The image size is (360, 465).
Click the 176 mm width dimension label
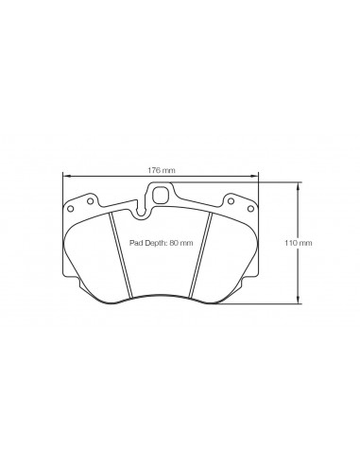pyautogui.click(x=162, y=170)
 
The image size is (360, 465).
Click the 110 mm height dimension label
pyautogui.click(x=299, y=243)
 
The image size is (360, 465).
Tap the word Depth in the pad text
pyautogui.click(x=155, y=243)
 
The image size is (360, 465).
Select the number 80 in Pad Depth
pyautogui.click(x=174, y=243)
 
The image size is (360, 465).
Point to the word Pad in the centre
pyautogui.click(x=135, y=243)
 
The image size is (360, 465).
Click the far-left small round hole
pyautogui.click(x=71, y=209)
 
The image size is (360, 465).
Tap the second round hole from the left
pyautogui.click(x=90, y=201)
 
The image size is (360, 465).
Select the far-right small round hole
pyautogui.click(x=250, y=209)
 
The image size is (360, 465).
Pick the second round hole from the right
pyautogui.click(x=231, y=201)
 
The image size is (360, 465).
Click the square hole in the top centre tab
pyautogui.click(x=161, y=196)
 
